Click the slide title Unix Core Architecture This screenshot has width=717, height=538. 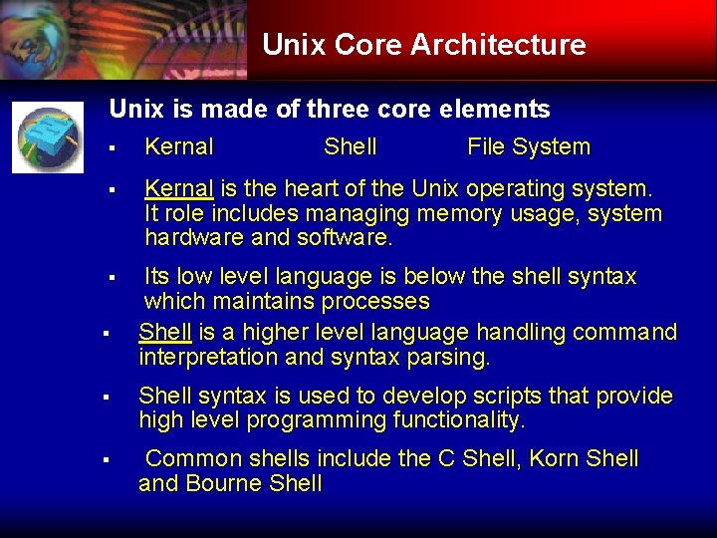pyautogui.click(x=423, y=45)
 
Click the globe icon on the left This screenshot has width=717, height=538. pyautogui.click(x=48, y=136)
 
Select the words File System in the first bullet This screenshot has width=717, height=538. pyautogui.click(x=528, y=147)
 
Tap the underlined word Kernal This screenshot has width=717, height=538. pyautogui.click(x=178, y=188)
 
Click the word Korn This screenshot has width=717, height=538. pyautogui.click(x=555, y=459)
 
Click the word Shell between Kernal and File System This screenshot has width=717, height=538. pyautogui.click(x=350, y=147)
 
